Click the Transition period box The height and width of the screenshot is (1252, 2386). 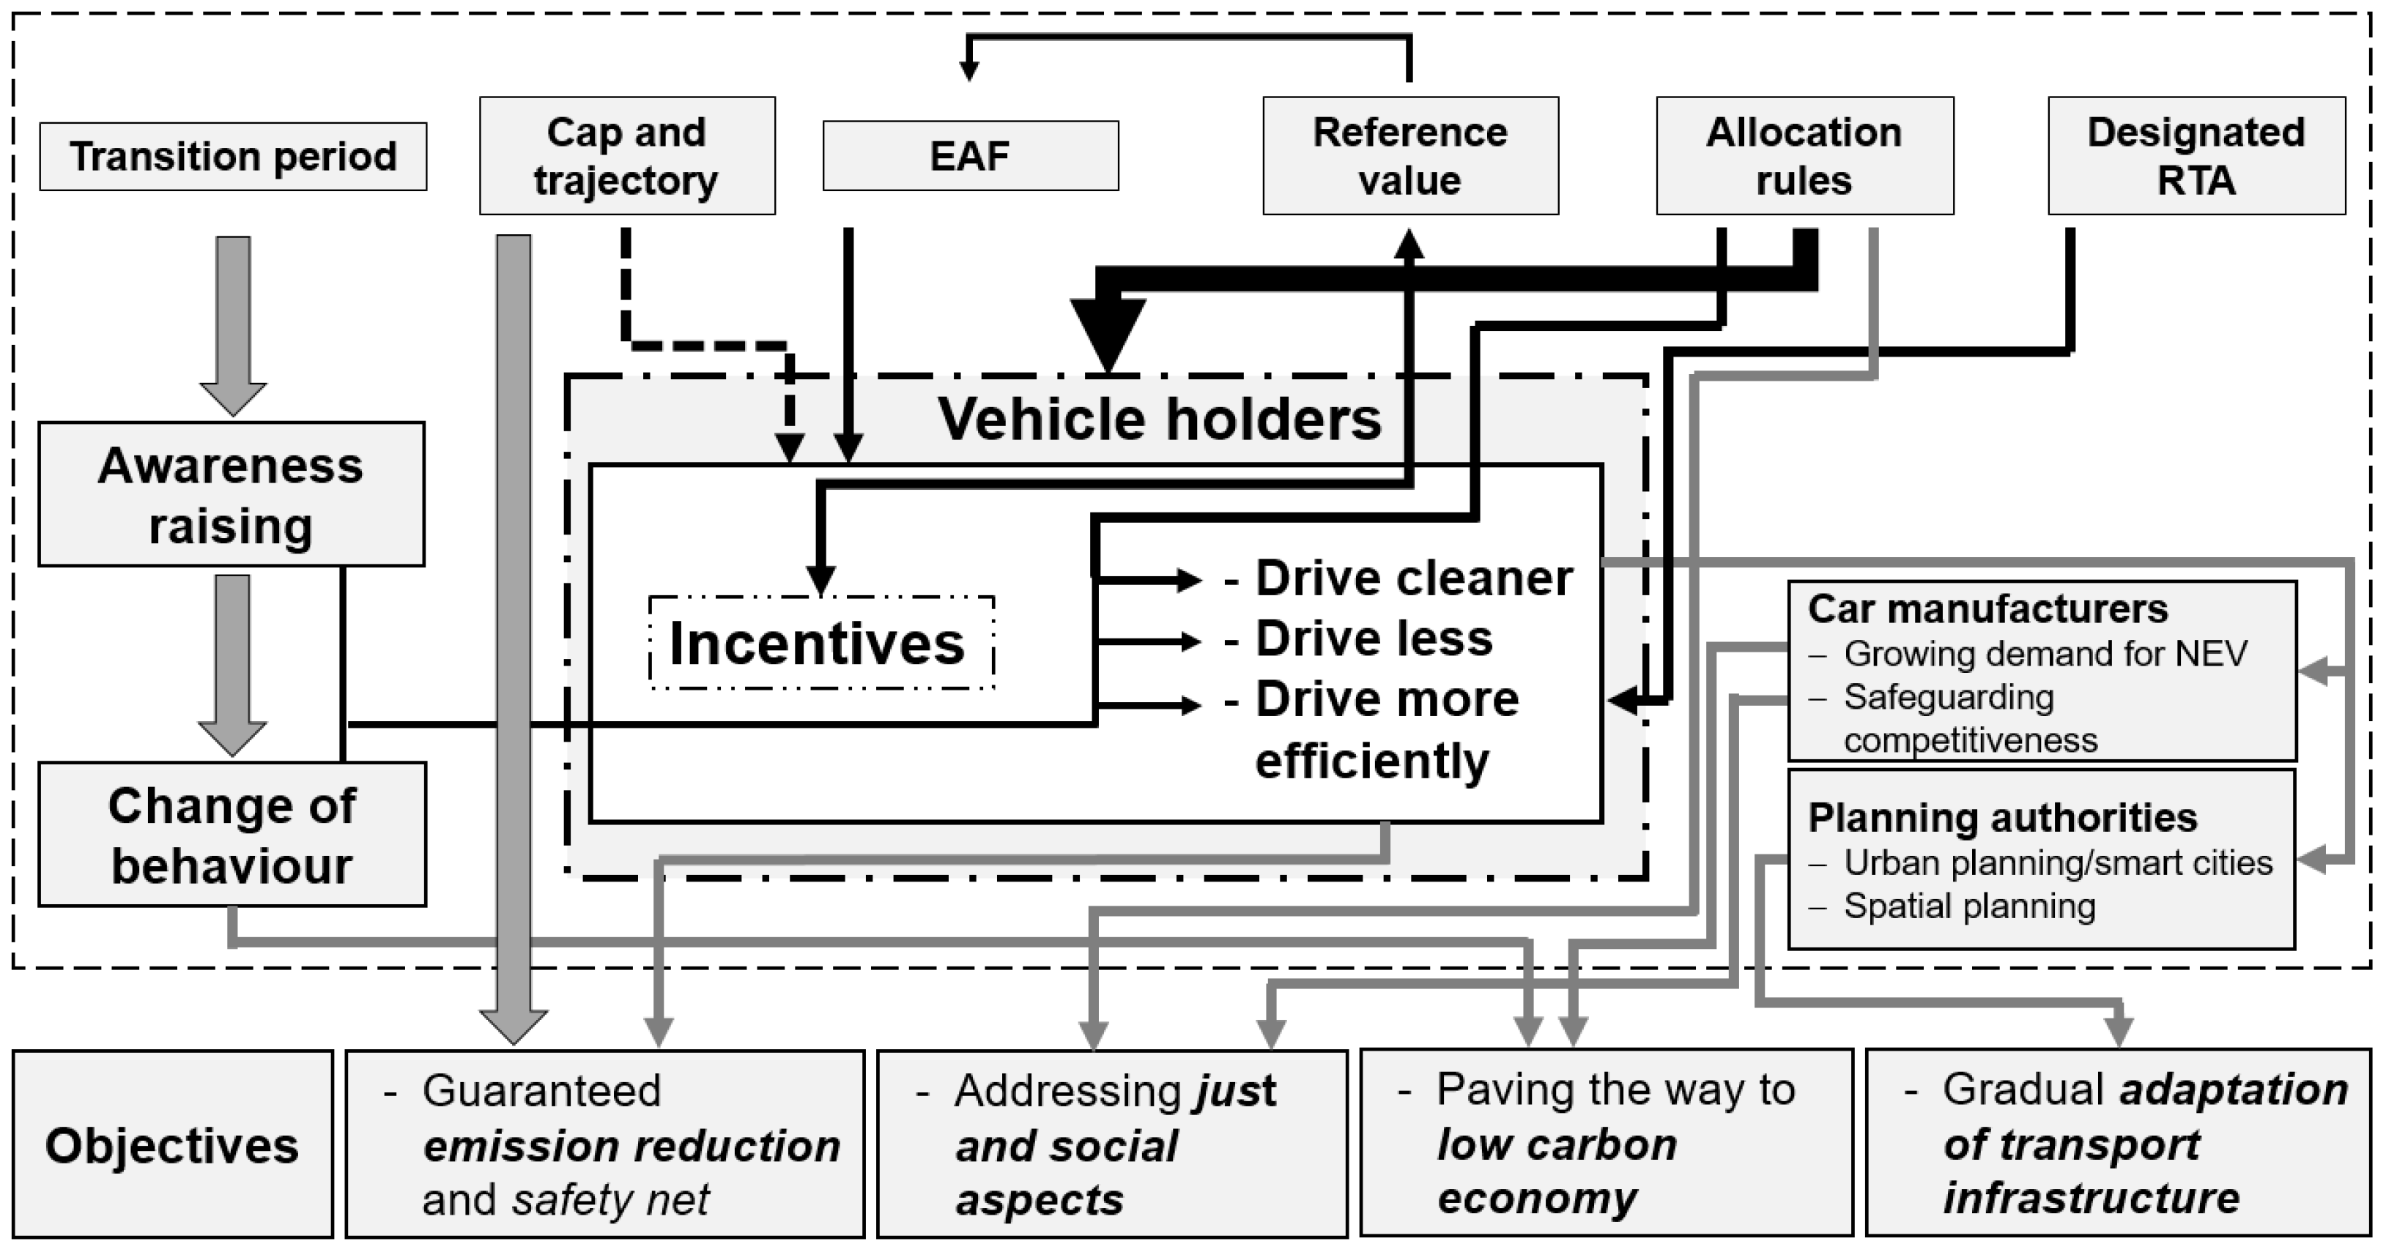pos(232,157)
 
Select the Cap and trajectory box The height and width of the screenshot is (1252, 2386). pos(627,155)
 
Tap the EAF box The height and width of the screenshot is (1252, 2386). pos(970,155)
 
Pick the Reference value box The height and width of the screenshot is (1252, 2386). pos(1409,155)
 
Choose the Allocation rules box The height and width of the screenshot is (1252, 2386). pos(1804,155)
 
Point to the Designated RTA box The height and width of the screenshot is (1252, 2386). pos(2196,155)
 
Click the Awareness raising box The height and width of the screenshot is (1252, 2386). pos(231,494)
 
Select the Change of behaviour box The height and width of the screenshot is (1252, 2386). pos(231,835)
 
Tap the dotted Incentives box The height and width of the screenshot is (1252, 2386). pos(820,643)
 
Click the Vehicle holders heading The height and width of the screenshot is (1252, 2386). pos(1159,419)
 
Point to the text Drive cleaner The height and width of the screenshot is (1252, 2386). pos(1412,578)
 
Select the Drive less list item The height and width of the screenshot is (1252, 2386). pos(1373,639)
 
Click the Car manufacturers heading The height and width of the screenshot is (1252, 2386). pos(1987,609)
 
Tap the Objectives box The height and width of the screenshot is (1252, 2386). pos(172,1144)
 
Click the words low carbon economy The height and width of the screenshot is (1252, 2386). pos(1556,1171)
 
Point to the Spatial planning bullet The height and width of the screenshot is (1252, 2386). pos(1968,906)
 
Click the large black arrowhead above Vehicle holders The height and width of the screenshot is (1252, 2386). pos(1108,333)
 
